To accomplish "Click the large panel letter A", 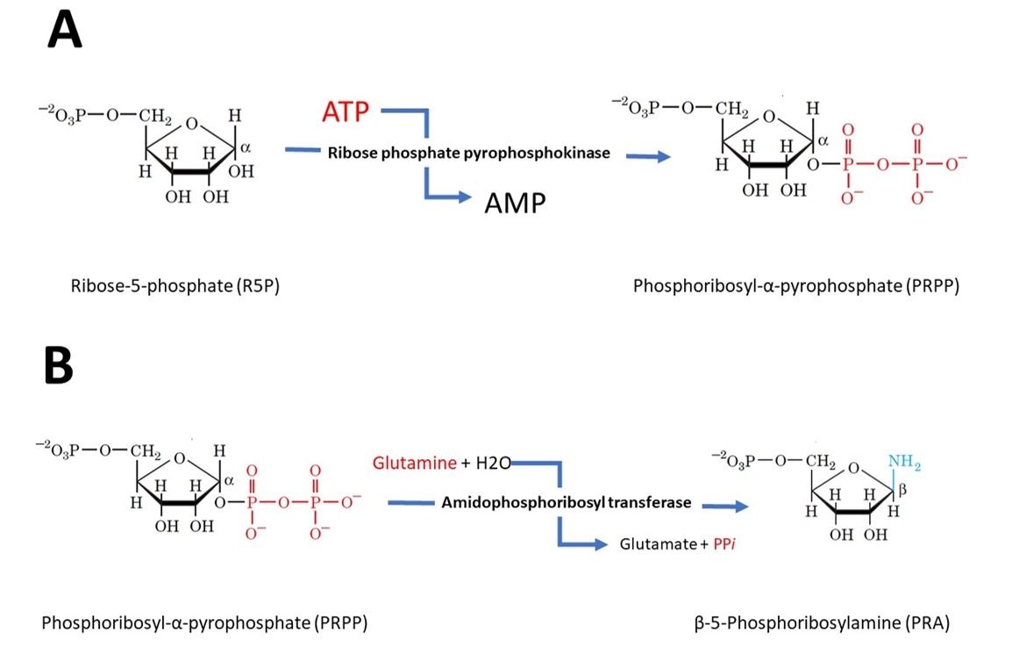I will [65, 32].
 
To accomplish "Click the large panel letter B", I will [59, 366].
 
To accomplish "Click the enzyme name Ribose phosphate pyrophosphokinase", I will [469, 153].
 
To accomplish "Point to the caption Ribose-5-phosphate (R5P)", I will [175, 286].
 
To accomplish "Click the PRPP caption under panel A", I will [795, 286].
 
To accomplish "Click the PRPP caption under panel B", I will [203, 623].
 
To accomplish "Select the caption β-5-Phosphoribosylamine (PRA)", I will [821, 623].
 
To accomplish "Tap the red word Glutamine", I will [414, 462].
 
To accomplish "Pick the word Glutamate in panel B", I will [652, 544].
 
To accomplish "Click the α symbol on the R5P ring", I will [245, 150].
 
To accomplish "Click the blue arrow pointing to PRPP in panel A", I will [650, 156].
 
